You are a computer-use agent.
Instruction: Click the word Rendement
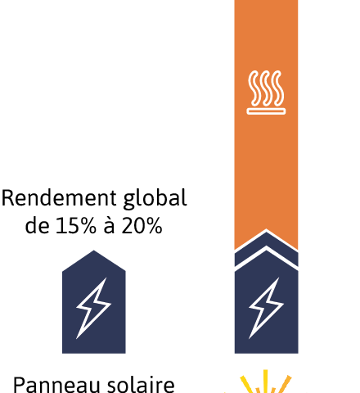(x=59, y=197)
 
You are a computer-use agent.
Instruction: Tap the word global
(x=155, y=199)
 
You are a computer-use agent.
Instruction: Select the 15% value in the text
(x=76, y=226)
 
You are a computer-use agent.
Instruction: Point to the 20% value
(x=142, y=226)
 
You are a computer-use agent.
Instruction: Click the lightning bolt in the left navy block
(x=93, y=309)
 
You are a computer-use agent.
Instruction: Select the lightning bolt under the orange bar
(x=266, y=309)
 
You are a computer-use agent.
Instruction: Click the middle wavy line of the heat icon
(x=266, y=88)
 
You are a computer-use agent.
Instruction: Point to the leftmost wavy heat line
(x=254, y=88)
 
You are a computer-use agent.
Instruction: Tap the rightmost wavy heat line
(x=278, y=88)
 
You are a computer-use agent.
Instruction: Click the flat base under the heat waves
(x=266, y=111)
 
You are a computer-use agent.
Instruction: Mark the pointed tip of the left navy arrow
(x=94, y=251)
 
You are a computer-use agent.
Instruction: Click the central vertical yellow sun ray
(x=265, y=382)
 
